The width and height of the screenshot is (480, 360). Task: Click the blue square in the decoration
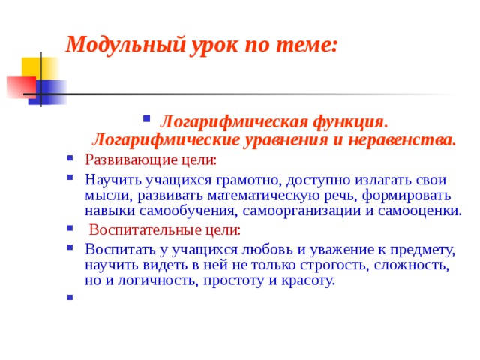[x=49, y=91]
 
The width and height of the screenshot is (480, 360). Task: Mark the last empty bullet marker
[x=69, y=298]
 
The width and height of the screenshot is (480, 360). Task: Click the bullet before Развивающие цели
[x=69, y=158]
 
